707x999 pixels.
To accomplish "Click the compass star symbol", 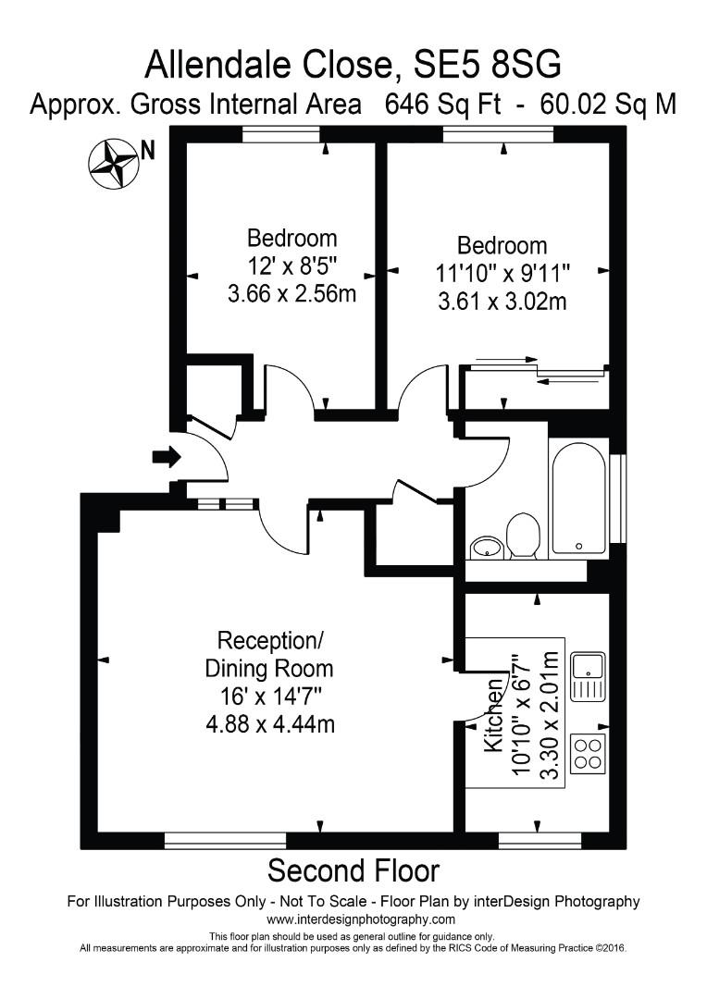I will pyautogui.click(x=113, y=164).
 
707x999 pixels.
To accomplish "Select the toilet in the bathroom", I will pyautogui.click(x=523, y=536).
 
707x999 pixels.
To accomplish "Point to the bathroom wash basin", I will pyautogui.click(x=486, y=548).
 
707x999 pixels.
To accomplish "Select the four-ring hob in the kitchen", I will pyautogui.click(x=588, y=752).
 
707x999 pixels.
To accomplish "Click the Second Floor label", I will pyautogui.click(x=353, y=870).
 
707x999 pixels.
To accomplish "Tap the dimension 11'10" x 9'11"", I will pyautogui.click(x=502, y=274).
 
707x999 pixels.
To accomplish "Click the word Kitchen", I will pyautogui.click(x=494, y=726).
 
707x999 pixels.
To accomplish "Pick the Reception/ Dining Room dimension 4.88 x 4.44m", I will pyautogui.click(x=269, y=722).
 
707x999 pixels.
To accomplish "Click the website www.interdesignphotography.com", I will pyautogui.click(x=361, y=919).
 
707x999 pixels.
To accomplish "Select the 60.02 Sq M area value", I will pyautogui.click(x=605, y=105).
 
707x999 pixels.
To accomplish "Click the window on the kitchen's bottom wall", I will pyautogui.click(x=540, y=840).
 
